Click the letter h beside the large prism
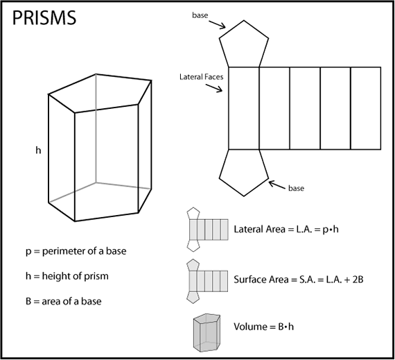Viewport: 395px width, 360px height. tap(39, 148)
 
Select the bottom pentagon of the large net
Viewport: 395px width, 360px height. tap(243, 170)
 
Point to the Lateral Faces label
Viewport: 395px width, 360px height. tap(201, 77)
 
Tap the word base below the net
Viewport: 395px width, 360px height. tap(297, 189)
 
